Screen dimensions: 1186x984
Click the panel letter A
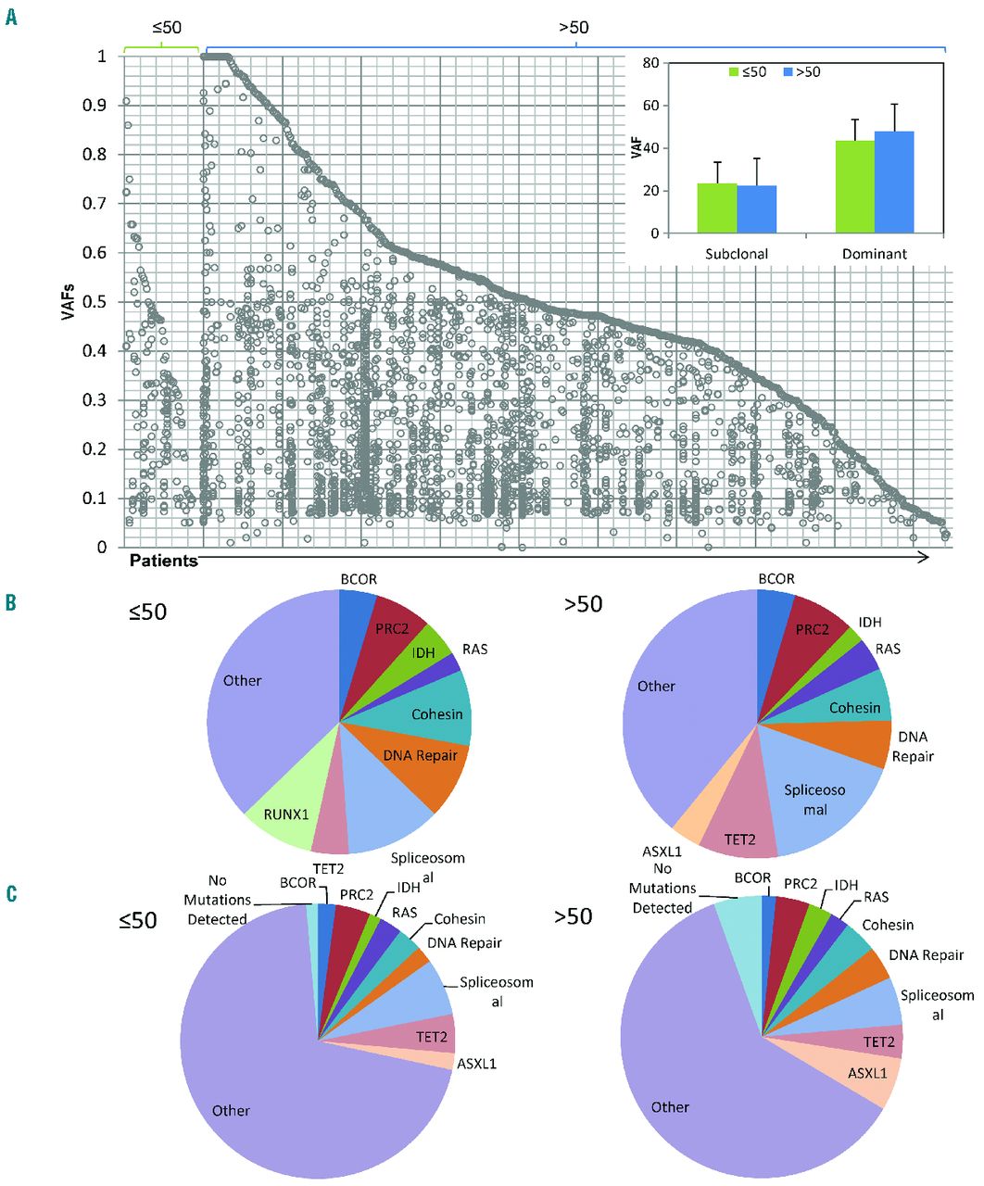pyautogui.click(x=11, y=18)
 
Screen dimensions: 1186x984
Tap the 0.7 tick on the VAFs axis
pyautogui.click(x=95, y=203)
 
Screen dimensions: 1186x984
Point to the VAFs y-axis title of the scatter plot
pyautogui.click(x=68, y=301)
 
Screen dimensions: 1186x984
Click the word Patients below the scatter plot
pyautogui.click(x=163, y=561)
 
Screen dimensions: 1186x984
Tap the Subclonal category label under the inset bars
pyautogui.click(x=737, y=253)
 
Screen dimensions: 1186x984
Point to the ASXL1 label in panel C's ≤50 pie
pyautogui.click(x=476, y=1063)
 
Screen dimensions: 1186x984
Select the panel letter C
pyautogui.click(x=11, y=893)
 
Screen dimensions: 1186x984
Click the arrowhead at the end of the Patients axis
pyautogui.click(x=924, y=557)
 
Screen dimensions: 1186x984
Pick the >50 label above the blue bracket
pyautogui.click(x=574, y=27)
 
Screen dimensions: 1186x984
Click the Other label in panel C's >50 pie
pyautogui.click(x=669, y=1107)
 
